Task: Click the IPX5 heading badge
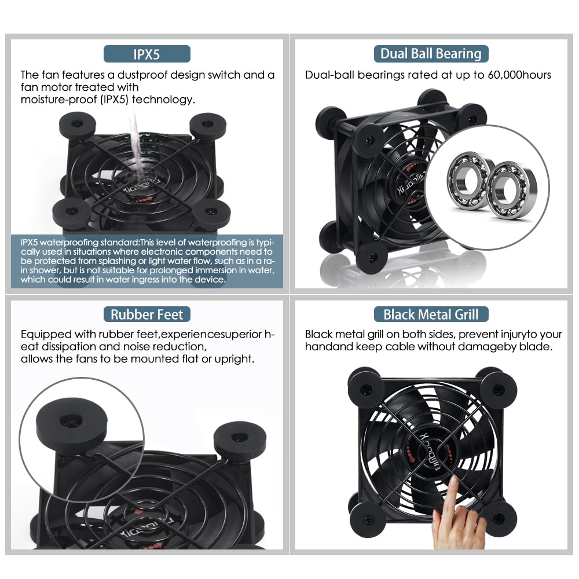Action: (146, 54)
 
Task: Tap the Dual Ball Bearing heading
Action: (431, 54)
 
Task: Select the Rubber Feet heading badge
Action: (146, 315)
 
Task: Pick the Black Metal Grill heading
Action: (431, 315)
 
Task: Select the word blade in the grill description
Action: (536, 347)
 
